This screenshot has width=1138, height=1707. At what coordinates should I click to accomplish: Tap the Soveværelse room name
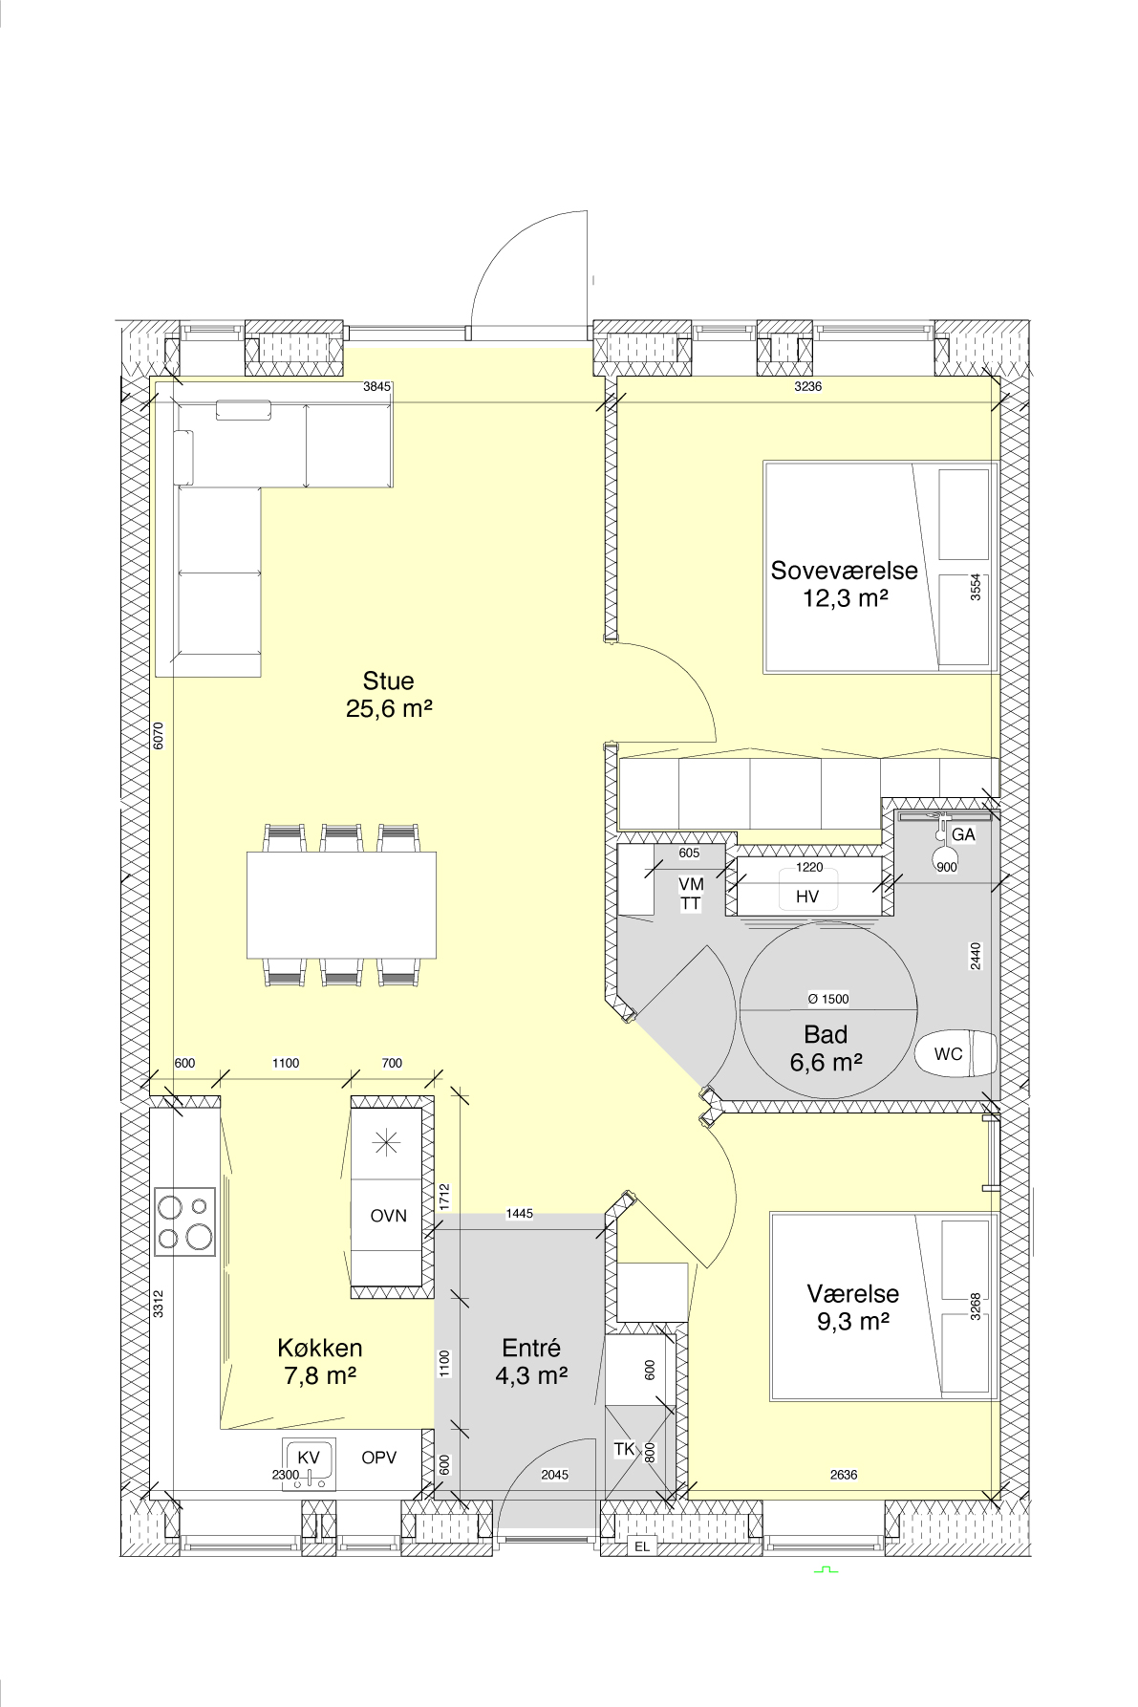844,571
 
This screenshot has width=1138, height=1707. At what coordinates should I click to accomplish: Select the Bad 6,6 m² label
827,1048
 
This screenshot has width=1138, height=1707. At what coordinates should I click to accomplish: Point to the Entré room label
531,1348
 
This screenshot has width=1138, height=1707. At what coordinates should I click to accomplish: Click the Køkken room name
320,1348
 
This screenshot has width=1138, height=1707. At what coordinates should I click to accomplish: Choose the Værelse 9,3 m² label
852,1307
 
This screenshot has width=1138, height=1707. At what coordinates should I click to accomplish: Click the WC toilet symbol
955,1054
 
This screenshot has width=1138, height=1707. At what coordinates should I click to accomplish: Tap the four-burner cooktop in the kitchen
185,1221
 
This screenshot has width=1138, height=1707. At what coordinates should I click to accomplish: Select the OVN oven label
388,1216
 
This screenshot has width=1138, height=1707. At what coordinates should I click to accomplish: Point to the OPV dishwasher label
378,1458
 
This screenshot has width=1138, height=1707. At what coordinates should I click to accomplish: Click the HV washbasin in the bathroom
808,886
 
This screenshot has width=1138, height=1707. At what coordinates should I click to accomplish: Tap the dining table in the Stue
341,904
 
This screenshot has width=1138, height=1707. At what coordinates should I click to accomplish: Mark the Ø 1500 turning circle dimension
828,999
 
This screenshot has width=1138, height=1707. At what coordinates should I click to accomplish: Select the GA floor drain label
963,834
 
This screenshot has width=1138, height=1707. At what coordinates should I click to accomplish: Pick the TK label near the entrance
624,1449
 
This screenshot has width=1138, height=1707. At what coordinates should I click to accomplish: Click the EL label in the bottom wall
642,1546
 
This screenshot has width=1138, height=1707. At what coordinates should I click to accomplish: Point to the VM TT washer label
690,894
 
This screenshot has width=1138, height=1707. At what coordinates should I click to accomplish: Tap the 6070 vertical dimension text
159,735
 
